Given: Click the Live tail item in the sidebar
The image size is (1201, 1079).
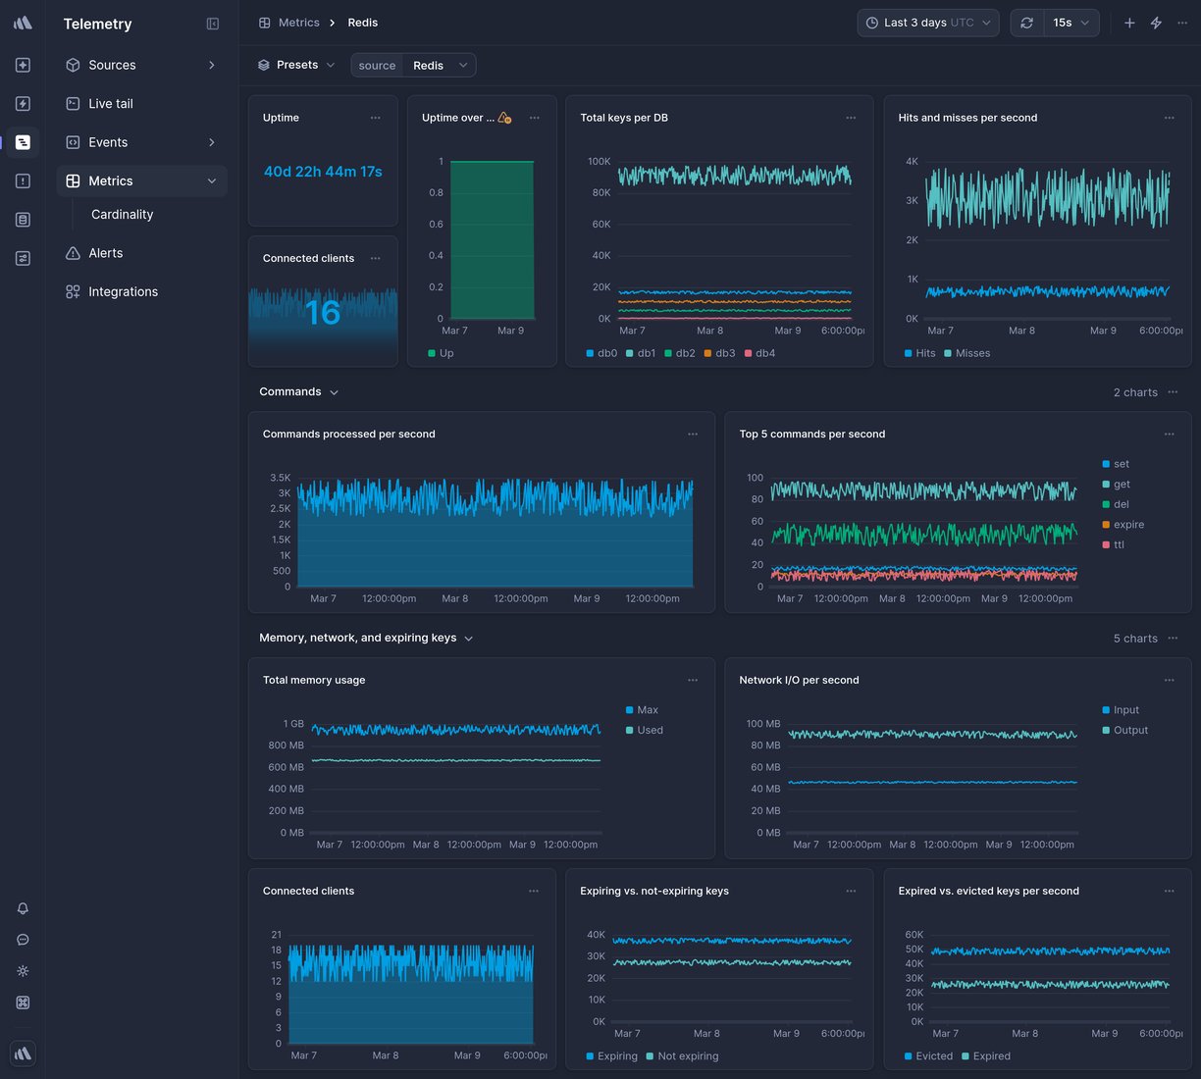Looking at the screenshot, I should (110, 103).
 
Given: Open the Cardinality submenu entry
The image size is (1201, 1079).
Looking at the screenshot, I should (122, 214).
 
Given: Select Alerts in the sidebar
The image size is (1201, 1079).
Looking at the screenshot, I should (105, 253).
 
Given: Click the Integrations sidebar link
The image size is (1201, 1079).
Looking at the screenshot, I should (123, 291).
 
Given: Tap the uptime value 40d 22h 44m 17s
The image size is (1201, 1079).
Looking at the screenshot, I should (323, 172).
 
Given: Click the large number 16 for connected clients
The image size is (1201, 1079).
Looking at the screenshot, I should (323, 313).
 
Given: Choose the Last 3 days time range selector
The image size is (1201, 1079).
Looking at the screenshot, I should (927, 23).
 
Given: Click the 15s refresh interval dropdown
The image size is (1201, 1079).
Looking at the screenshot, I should (1070, 23).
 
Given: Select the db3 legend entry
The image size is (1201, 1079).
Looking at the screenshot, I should (724, 353).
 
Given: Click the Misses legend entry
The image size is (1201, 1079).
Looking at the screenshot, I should (971, 353).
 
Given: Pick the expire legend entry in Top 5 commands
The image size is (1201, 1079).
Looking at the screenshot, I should (1127, 525).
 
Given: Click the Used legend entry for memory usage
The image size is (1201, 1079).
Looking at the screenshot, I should (649, 730).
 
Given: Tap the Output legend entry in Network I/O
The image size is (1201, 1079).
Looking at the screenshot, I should (1129, 730).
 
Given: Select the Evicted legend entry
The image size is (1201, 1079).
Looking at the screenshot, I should (933, 1056).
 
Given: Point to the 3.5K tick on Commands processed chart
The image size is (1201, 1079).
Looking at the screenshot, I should (280, 478).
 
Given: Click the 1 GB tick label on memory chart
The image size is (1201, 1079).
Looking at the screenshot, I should (293, 724).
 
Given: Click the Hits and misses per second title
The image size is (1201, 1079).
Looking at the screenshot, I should (966, 118).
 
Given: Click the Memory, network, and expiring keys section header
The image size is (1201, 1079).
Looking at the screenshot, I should (358, 638).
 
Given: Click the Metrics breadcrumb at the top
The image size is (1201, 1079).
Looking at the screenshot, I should (298, 23).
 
